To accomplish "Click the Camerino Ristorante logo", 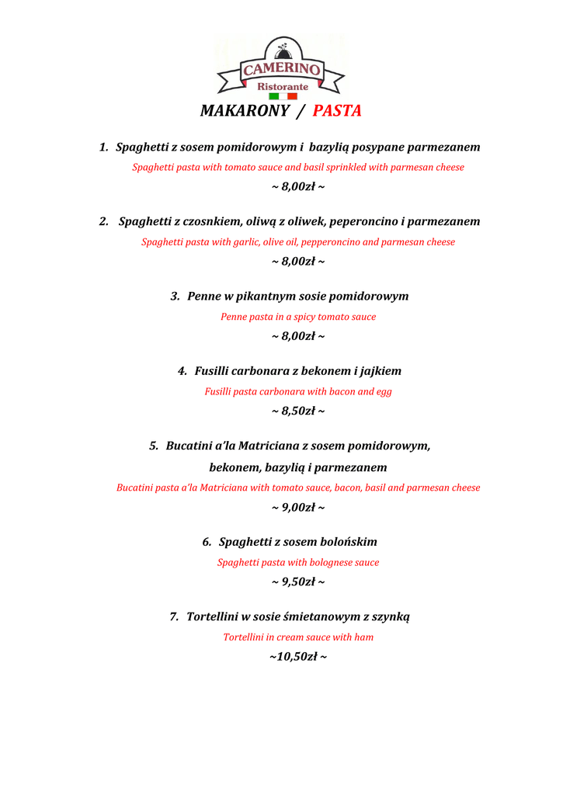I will tap(281, 68).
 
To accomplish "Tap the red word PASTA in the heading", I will tap(338, 111).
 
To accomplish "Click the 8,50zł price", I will tap(298, 411).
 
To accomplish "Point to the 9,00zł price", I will tap(298, 508).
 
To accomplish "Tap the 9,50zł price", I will tap(298, 581).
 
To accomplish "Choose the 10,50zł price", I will tap(297, 657).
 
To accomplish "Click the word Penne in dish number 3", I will tap(204, 297).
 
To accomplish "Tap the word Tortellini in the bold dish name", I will tap(212, 616).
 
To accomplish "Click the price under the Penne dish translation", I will tap(298, 336).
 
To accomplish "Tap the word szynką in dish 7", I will tap(391, 616).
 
